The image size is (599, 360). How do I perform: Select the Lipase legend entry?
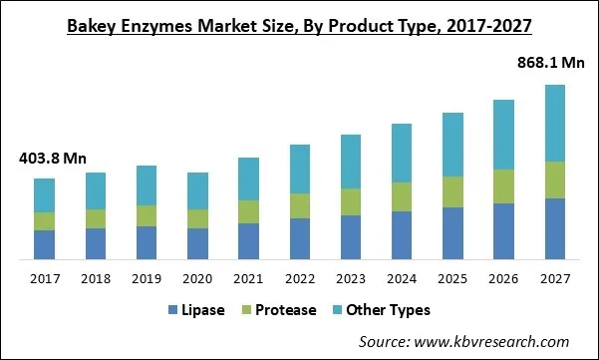point(200,310)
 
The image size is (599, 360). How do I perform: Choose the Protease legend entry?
point(277,310)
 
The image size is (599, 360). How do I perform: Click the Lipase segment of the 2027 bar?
point(553,229)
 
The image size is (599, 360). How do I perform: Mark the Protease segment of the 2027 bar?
point(553,180)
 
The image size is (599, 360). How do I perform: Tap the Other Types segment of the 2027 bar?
point(553,123)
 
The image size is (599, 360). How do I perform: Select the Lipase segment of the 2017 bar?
point(44,245)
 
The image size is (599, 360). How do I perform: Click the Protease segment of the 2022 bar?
point(299,205)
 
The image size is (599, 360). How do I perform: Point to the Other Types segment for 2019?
point(147,185)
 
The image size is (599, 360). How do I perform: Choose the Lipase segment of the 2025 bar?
point(451,233)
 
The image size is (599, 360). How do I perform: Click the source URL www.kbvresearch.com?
point(503,342)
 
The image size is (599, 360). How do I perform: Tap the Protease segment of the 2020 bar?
point(197,218)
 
